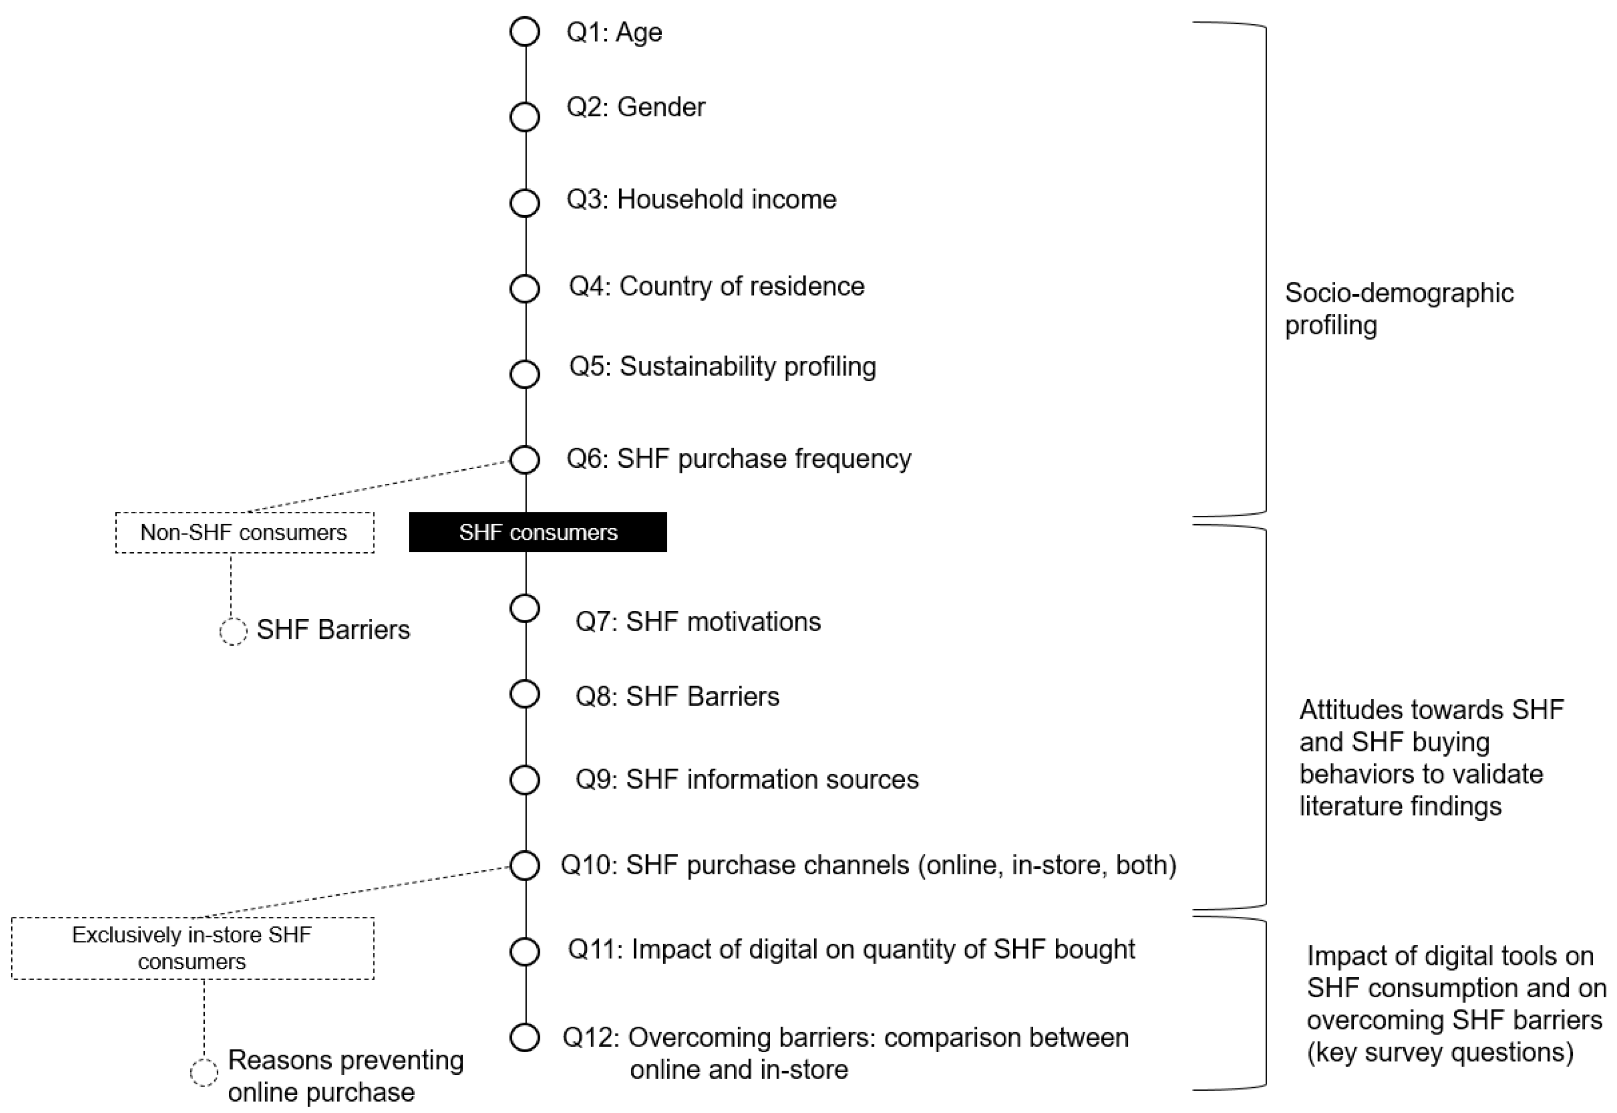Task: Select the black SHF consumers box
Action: [537, 532]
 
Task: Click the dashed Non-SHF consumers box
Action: [244, 533]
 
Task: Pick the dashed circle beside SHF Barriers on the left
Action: [233, 631]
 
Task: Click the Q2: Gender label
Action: [636, 107]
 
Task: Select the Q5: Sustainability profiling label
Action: [723, 367]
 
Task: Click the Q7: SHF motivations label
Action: [697, 621]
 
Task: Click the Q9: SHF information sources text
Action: [746, 779]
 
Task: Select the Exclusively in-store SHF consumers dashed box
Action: [192, 948]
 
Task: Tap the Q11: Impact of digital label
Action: [851, 949]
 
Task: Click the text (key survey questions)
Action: [1440, 1052]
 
